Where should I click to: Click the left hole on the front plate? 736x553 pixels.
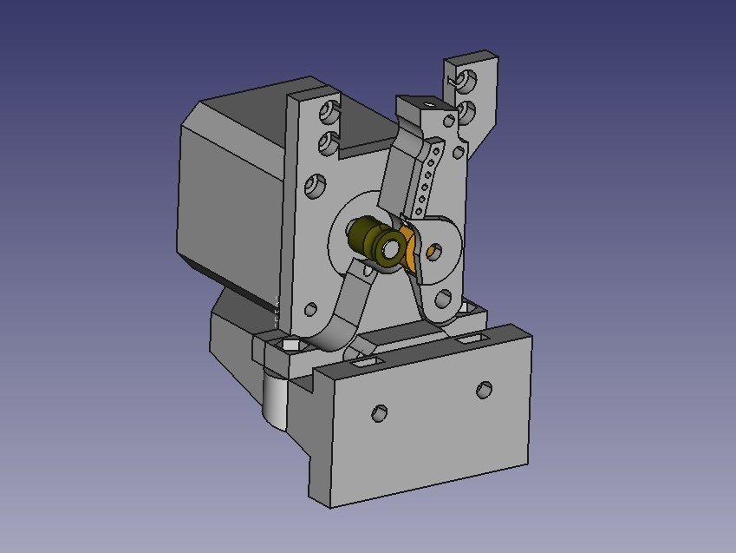coord(379,413)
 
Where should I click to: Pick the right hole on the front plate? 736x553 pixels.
coord(485,390)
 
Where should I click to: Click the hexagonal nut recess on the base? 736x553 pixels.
coord(289,346)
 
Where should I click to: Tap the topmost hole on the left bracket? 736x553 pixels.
coord(330,111)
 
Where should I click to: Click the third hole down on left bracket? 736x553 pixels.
coord(316,186)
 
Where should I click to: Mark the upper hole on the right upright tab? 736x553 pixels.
coord(467,82)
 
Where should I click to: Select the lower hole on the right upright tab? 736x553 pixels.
coord(466,112)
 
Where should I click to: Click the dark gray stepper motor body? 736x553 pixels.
coord(230,191)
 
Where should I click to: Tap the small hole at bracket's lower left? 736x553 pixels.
coord(310,308)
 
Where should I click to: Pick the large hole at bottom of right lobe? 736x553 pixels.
coord(444,300)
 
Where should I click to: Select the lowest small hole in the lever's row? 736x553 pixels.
coord(420,211)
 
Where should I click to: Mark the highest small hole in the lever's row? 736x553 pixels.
coord(437,150)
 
